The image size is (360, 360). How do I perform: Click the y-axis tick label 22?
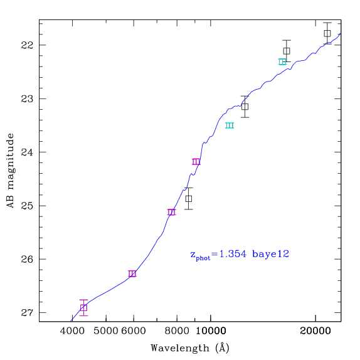27,45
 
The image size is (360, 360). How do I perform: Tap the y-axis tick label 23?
27,98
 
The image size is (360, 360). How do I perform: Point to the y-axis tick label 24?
27,152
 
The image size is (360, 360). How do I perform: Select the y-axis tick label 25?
27,206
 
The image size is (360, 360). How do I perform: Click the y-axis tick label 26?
27,259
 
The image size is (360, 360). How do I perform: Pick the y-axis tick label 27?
27,313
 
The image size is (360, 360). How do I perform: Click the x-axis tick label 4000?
72,331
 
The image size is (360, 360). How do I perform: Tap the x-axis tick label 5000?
106,331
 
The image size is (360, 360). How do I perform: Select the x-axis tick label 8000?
177,331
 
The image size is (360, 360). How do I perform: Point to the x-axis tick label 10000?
211,331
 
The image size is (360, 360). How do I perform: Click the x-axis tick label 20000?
315,331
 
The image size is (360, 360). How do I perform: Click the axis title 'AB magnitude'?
10,171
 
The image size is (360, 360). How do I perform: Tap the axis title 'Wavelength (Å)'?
190,348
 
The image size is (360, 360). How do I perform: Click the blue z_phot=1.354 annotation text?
240,255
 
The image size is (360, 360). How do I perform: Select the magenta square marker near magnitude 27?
83,308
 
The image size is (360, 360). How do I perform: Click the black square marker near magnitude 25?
189,199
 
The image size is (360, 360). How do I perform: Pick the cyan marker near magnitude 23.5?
230,125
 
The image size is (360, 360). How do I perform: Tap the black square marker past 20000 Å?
327,33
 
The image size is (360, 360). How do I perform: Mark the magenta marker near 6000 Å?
132,273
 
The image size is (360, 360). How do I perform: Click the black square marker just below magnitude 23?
245,107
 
